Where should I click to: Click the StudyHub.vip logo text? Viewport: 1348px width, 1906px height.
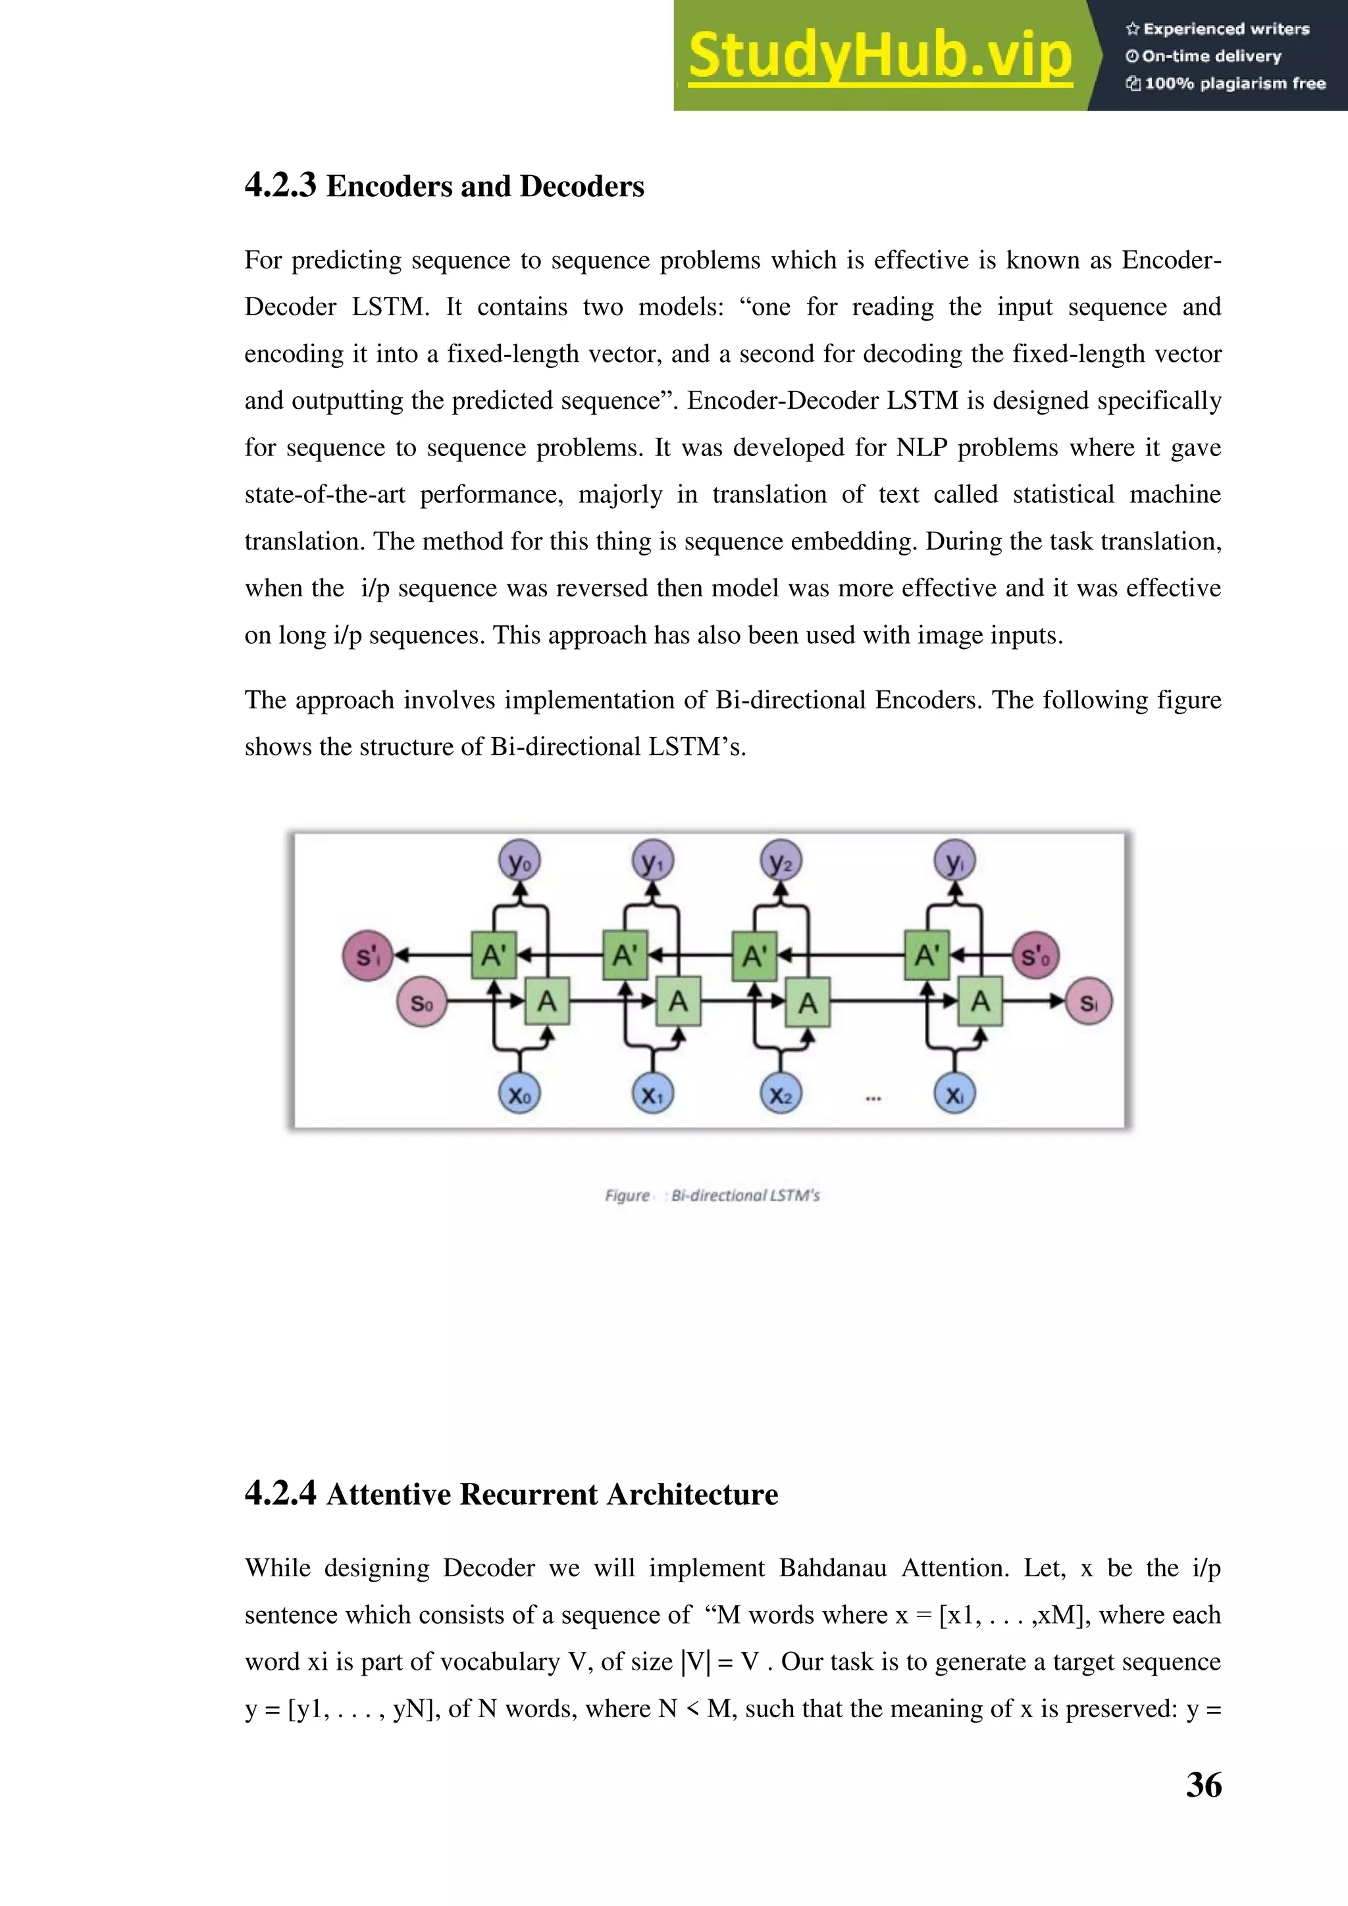pos(880,56)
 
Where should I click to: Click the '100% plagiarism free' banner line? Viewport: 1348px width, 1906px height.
pos(1233,83)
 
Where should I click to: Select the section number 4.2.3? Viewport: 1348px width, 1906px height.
pos(280,185)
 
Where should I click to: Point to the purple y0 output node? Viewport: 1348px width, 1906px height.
pos(519,861)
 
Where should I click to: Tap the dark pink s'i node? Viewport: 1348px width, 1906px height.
pos(367,956)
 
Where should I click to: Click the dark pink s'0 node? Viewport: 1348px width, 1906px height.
pos(1035,956)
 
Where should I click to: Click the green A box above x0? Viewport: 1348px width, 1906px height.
pos(547,1002)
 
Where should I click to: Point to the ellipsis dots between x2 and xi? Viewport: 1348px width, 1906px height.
pos(873,1098)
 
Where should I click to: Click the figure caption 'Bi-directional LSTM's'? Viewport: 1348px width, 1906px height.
pos(744,1195)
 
